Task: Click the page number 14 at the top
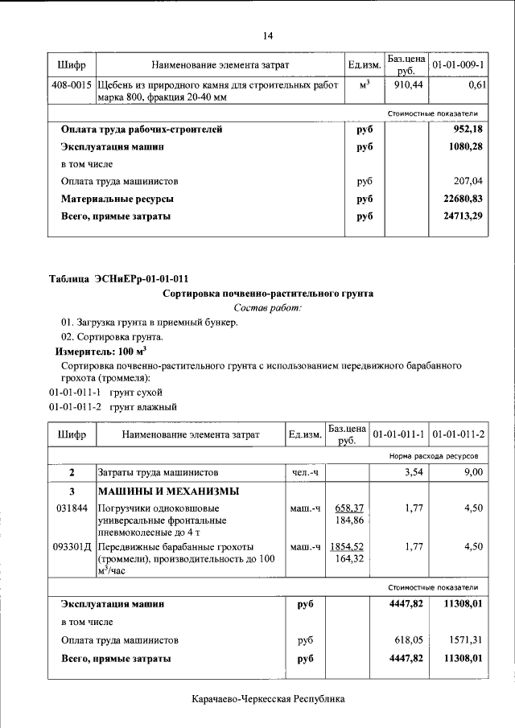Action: (268, 35)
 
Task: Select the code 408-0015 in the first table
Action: (72, 84)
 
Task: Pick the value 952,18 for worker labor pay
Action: (467, 129)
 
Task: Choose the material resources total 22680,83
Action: (463, 198)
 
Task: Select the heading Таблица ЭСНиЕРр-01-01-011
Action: (120, 279)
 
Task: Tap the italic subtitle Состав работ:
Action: (268, 308)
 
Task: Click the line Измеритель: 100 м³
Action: (101, 352)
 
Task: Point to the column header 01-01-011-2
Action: (458, 434)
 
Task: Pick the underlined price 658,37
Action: (349, 508)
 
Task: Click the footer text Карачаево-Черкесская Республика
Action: (268, 700)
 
